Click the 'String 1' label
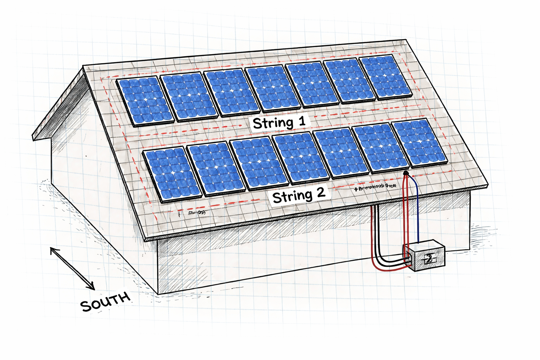(279, 123)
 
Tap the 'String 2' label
(299, 195)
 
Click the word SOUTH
(105, 302)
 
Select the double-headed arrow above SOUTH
(72, 268)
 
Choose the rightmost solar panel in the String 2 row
(420, 142)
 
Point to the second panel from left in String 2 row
(216, 168)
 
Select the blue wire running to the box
(417, 211)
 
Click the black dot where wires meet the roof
(406, 173)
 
